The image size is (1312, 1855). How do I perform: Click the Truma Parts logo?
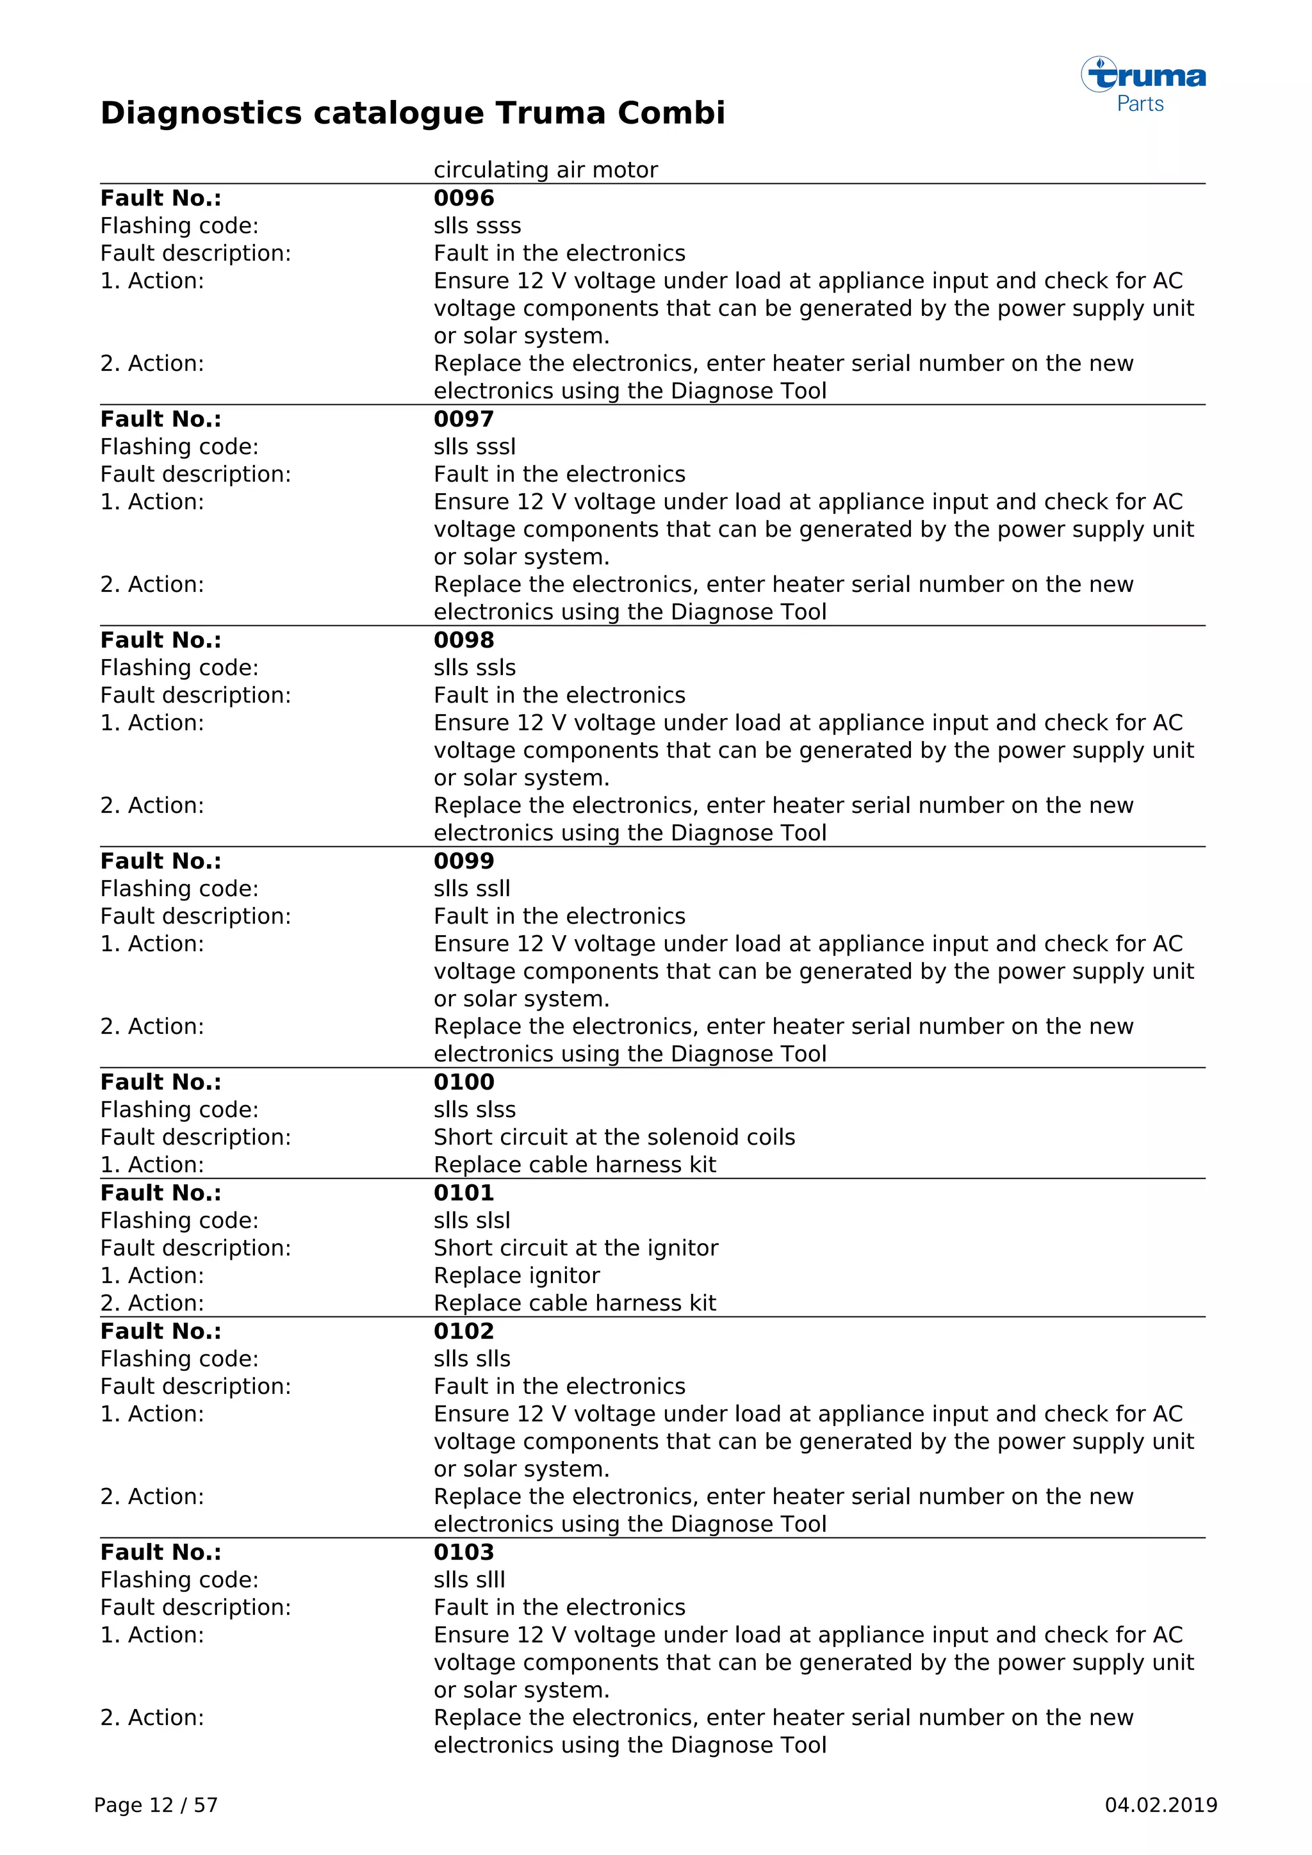[x=1143, y=84]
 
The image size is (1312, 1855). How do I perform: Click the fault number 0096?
[x=464, y=198]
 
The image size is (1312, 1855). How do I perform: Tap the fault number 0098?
[x=464, y=640]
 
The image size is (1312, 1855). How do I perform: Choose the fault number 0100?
[x=464, y=1082]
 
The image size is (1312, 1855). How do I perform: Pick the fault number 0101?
[x=464, y=1193]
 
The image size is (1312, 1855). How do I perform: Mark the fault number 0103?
[x=464, y=1551]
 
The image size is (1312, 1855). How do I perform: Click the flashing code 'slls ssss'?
[x=477, y=225]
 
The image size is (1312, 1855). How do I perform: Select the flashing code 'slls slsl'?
[x=471, y=1220]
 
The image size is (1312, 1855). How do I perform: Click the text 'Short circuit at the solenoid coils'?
[x=614, y=1137]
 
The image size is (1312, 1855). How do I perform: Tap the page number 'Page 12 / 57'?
[x=156, y=1805]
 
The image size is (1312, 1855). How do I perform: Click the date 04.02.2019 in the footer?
[x=1160, y=1805]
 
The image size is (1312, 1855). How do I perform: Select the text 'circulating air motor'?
[x=545, y=170]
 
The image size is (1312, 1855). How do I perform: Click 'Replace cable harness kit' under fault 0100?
[x=575, y=1164]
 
